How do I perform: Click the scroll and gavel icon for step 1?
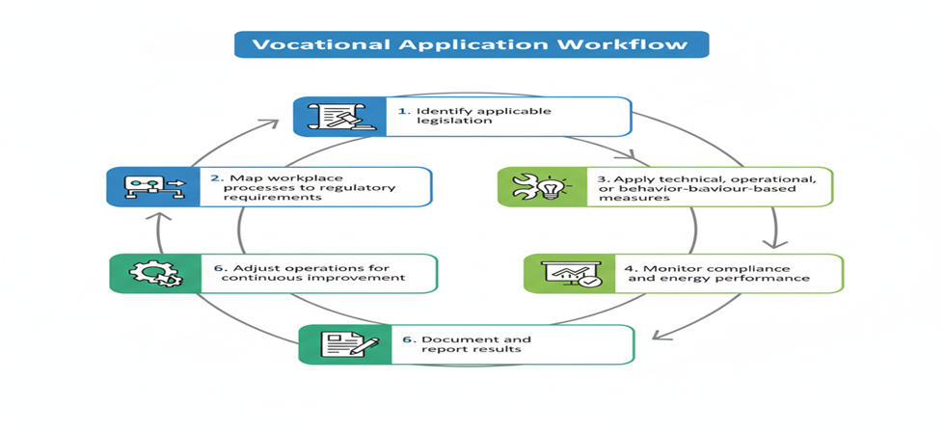pos(332,117)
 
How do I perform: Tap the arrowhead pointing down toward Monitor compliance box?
pos(769,242)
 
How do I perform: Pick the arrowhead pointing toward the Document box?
pos(658,336)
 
